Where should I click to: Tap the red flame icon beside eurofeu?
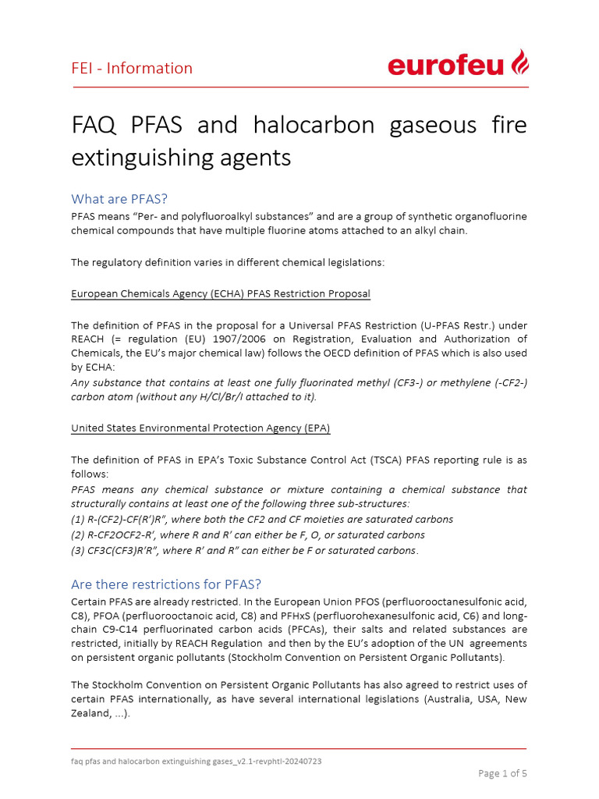tap(520, 62)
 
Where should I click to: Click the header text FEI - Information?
tap(132, 68)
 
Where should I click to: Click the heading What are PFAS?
tap(119, 198)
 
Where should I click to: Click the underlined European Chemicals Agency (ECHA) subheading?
tap(221, 293)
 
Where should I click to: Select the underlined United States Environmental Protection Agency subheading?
tap(206, 428)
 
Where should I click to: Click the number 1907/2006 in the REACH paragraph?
tap(250, 339)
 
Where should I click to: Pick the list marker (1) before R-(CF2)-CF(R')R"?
tap(79, 519)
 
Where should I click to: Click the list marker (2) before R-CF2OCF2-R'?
tap(79, 534)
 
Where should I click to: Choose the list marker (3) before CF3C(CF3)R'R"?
tap(79, 550)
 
